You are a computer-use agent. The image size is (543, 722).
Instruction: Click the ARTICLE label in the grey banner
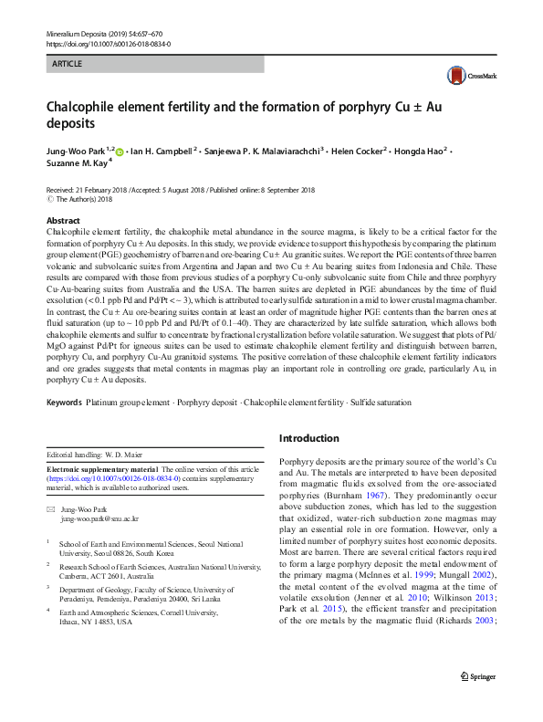pos(67,64)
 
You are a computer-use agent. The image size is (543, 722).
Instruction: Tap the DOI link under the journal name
pos(108,44)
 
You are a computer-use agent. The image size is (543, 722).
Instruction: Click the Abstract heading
pos(63,222)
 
